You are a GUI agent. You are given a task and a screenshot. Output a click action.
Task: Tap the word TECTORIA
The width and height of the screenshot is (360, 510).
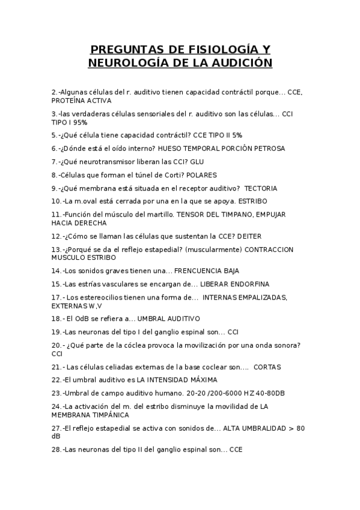pos(261,188)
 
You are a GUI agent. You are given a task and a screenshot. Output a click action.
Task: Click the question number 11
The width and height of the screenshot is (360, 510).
pos(58,214)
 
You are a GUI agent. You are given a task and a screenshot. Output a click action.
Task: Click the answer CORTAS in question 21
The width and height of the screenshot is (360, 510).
pos(267,366)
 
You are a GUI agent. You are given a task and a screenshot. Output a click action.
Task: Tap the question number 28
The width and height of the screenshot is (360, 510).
pos(57,449)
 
